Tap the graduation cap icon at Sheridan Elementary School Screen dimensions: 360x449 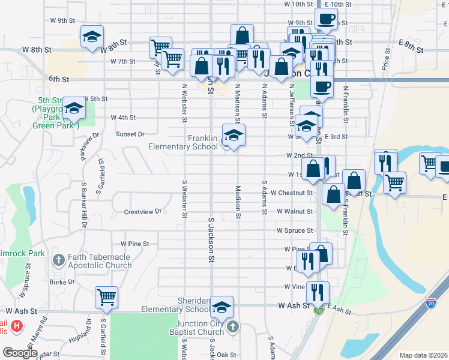(x=221, y=307)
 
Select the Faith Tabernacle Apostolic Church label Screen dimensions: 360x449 (x=99, y=261)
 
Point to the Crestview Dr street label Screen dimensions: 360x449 (x=143, y=211)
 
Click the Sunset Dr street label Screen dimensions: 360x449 (x=130, y=134)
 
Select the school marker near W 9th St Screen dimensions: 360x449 (x=92, y=36)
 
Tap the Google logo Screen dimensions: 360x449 (x=20, y=353)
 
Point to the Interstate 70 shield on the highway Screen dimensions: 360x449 (x=431, y=303)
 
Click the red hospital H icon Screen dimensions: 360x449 (x=17, y=326)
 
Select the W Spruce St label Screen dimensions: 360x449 (x=295, y=230)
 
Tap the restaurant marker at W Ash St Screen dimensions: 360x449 (x=318, y=292)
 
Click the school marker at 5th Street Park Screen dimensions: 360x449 (x=74, y=108)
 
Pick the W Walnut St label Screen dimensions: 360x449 (x=295, y=211)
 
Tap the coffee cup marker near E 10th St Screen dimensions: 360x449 (x=326, y=19)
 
